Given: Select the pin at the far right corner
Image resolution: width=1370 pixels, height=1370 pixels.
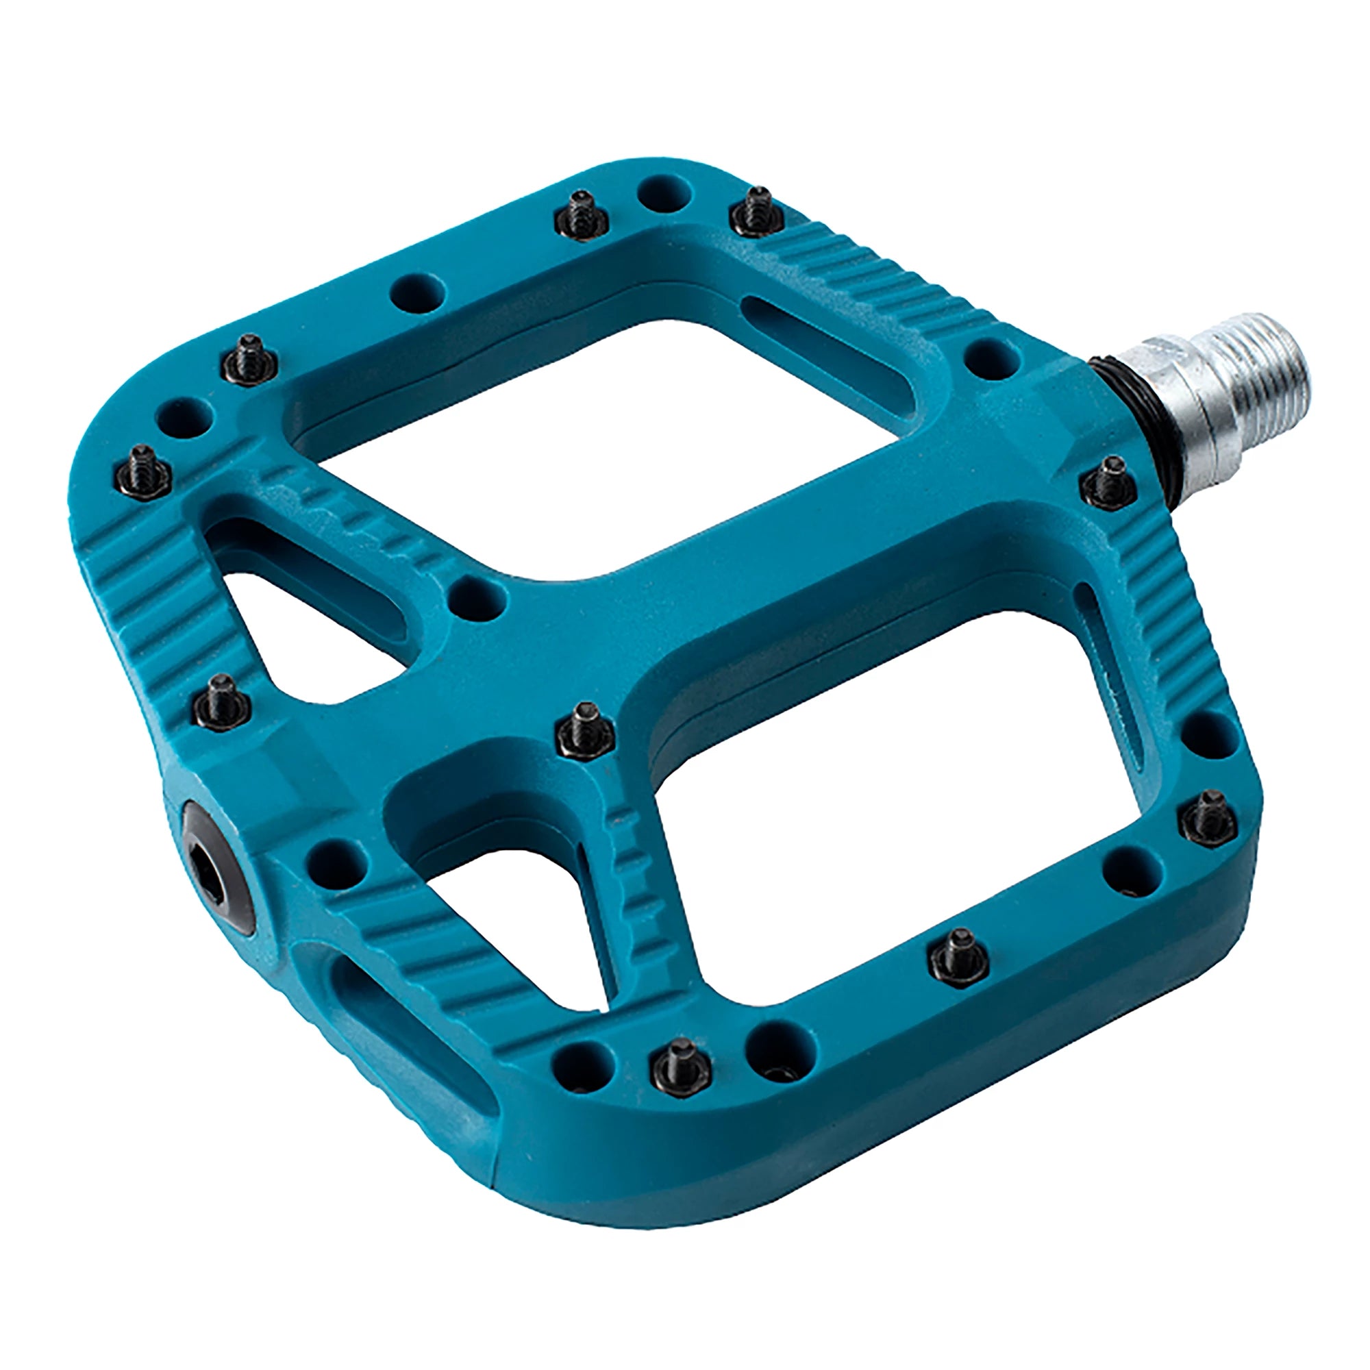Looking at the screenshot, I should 1208,820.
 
